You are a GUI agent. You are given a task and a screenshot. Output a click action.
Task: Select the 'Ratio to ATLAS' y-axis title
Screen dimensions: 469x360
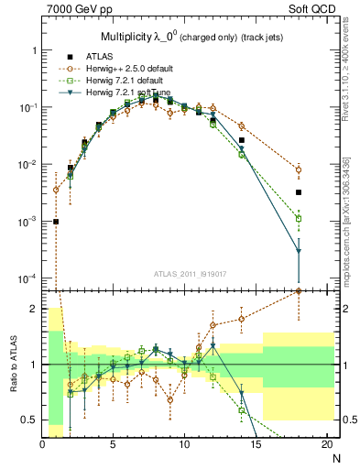click(12, 365)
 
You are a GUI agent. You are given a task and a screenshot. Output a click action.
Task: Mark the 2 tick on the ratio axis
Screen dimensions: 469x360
click(33, 309)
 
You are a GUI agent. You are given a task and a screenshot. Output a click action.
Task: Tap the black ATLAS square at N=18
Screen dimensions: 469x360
click(299, 192)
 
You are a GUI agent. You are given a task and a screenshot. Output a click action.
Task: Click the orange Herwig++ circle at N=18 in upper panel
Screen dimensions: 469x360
click(299, 169)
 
